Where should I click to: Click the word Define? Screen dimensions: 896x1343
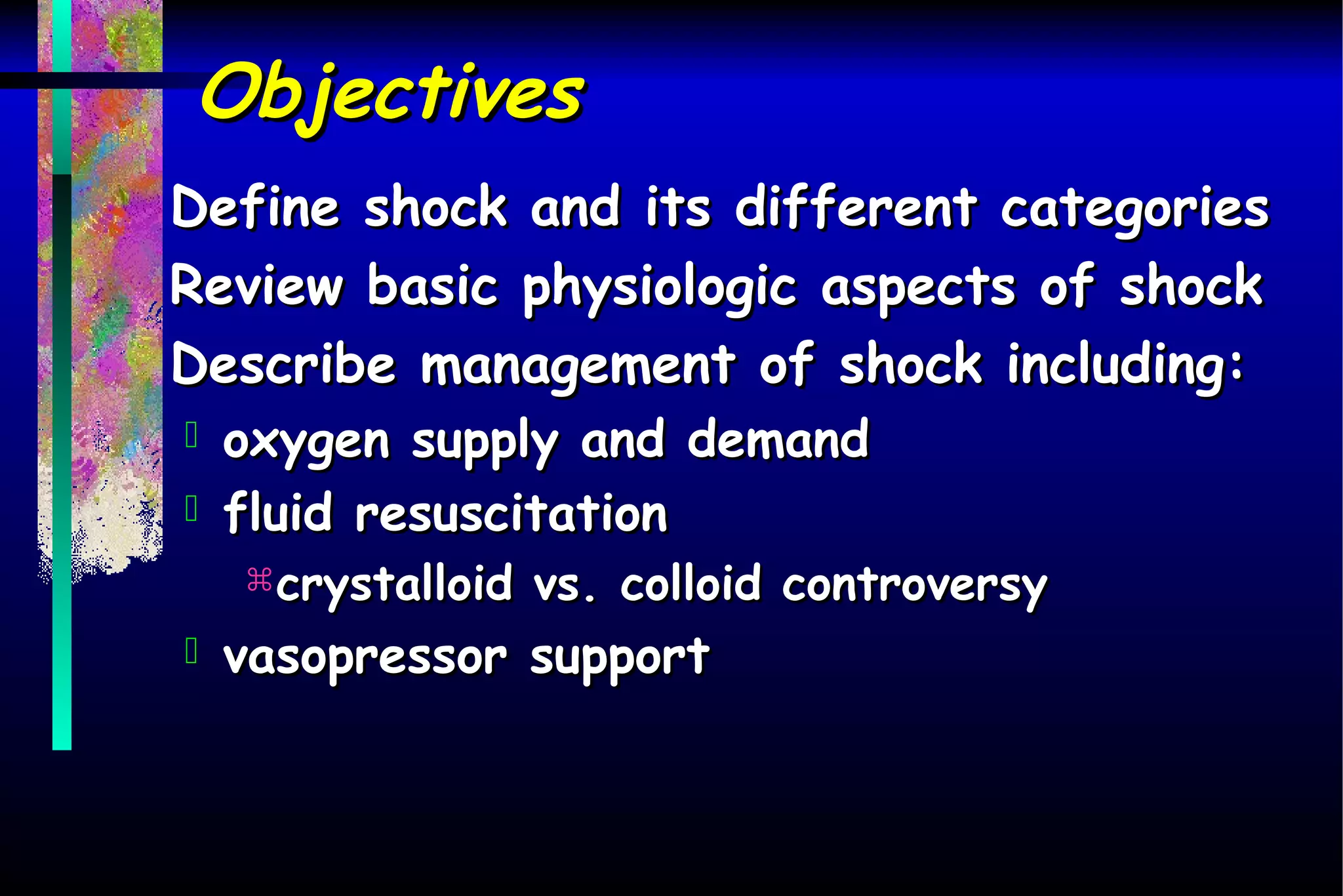point(255,207)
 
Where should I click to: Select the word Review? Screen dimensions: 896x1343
point(256,286)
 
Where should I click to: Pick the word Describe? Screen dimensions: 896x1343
point(283,365)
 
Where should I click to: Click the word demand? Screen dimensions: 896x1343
point(778,439)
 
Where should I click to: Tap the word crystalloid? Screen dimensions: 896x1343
point(393,584)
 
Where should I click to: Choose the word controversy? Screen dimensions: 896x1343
point(914,585)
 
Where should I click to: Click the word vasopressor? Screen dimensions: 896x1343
point(365,658)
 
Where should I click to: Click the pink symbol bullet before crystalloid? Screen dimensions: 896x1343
point(260,580)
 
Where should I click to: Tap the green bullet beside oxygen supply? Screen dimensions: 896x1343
point(191,435)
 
